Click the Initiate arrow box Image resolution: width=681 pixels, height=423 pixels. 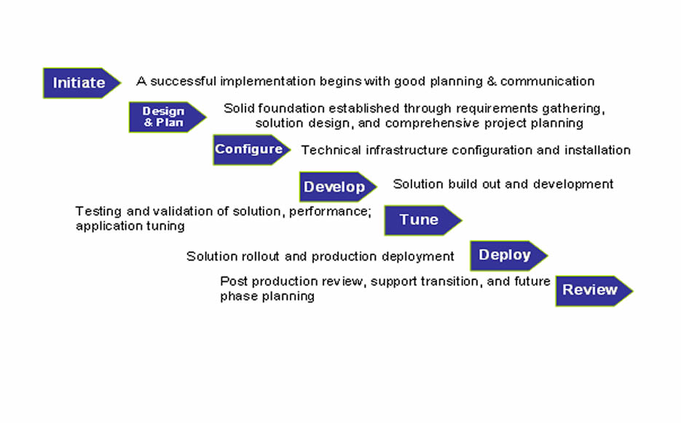pos(82,82)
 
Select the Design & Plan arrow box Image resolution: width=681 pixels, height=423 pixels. pos(168,117)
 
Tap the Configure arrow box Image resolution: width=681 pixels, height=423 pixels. pos(251,150)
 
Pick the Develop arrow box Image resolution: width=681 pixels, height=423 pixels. pos(338,187)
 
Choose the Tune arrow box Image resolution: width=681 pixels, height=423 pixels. pos(423,220)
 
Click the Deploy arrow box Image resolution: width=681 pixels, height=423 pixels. pos(508,255)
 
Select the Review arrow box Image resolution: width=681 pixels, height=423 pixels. pos(594,291)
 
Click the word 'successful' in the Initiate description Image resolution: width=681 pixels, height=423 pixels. pos(183,81)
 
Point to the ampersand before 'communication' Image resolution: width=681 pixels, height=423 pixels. pos(492,81)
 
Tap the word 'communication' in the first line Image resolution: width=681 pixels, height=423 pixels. pos(547,81)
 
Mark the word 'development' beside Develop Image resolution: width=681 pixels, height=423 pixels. pos(573,185)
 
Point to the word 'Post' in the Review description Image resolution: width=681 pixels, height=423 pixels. pos(234,282)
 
